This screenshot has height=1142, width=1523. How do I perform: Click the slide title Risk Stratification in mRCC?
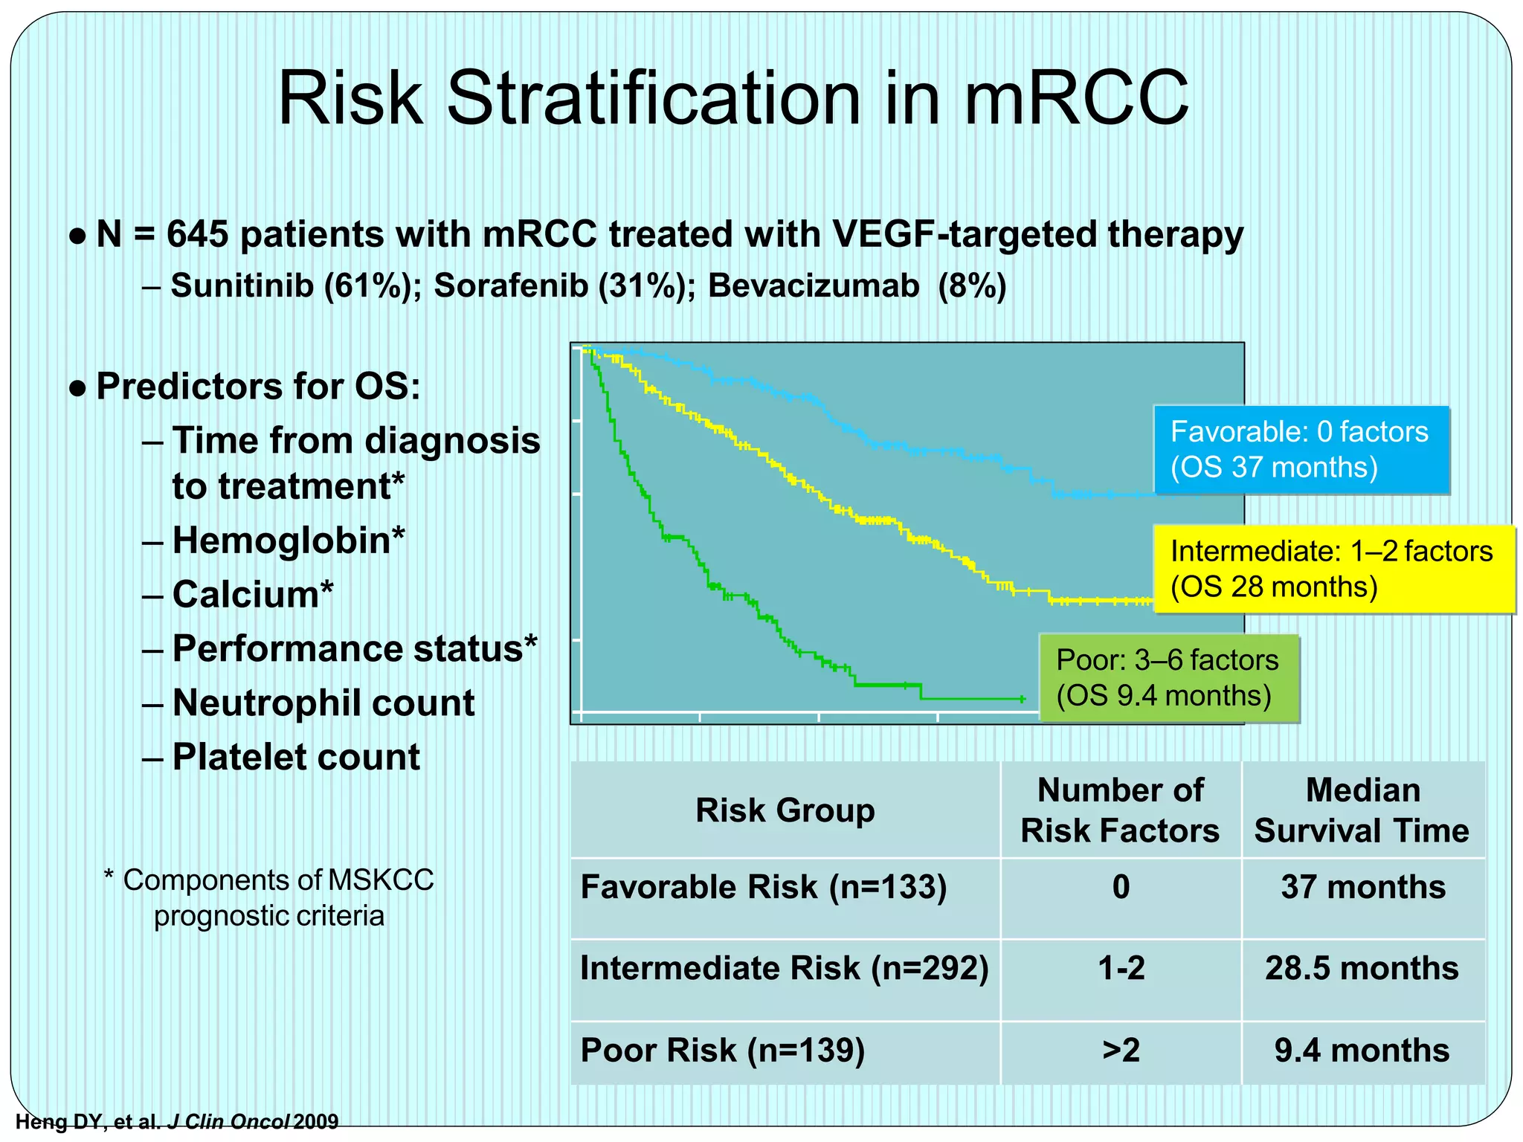point(732,99)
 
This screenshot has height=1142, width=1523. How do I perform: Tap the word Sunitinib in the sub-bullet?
point(242,286)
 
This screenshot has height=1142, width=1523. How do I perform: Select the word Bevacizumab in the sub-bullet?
point(814,286)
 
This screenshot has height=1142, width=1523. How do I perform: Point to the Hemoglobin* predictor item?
point(289,541)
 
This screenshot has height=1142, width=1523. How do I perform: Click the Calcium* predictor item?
point(253,595)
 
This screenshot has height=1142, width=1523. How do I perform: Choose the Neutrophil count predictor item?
point(323,703)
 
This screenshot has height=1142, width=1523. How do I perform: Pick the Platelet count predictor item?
point(296,758)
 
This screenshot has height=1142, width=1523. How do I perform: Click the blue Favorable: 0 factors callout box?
point(1301,450)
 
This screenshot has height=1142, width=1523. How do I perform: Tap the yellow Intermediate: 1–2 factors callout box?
point(1333,570)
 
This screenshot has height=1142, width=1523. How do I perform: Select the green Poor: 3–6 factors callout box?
point(1168,678)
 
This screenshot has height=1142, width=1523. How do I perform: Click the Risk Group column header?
point(785,810)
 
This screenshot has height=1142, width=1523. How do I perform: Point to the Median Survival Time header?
point(1362,810)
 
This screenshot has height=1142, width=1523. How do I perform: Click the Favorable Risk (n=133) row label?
point(763,888)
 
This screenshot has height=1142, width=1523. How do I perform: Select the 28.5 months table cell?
point(1362,969)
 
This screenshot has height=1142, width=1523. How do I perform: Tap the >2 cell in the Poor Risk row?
point(1121,1051)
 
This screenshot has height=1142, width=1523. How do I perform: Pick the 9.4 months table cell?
point(1362,1051)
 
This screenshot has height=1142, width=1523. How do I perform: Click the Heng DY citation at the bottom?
point(177,1121)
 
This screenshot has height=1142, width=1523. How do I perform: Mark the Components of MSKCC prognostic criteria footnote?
point(269,897)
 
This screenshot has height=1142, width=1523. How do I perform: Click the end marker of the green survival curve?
point(1023,699)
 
